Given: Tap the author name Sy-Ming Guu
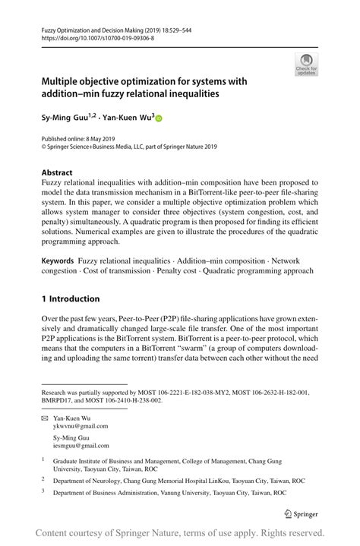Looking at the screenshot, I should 63,118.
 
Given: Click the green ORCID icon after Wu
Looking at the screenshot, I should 159,118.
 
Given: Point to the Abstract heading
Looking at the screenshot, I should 58,172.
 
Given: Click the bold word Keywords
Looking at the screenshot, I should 58,260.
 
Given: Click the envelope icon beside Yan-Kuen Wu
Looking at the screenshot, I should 45,418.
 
